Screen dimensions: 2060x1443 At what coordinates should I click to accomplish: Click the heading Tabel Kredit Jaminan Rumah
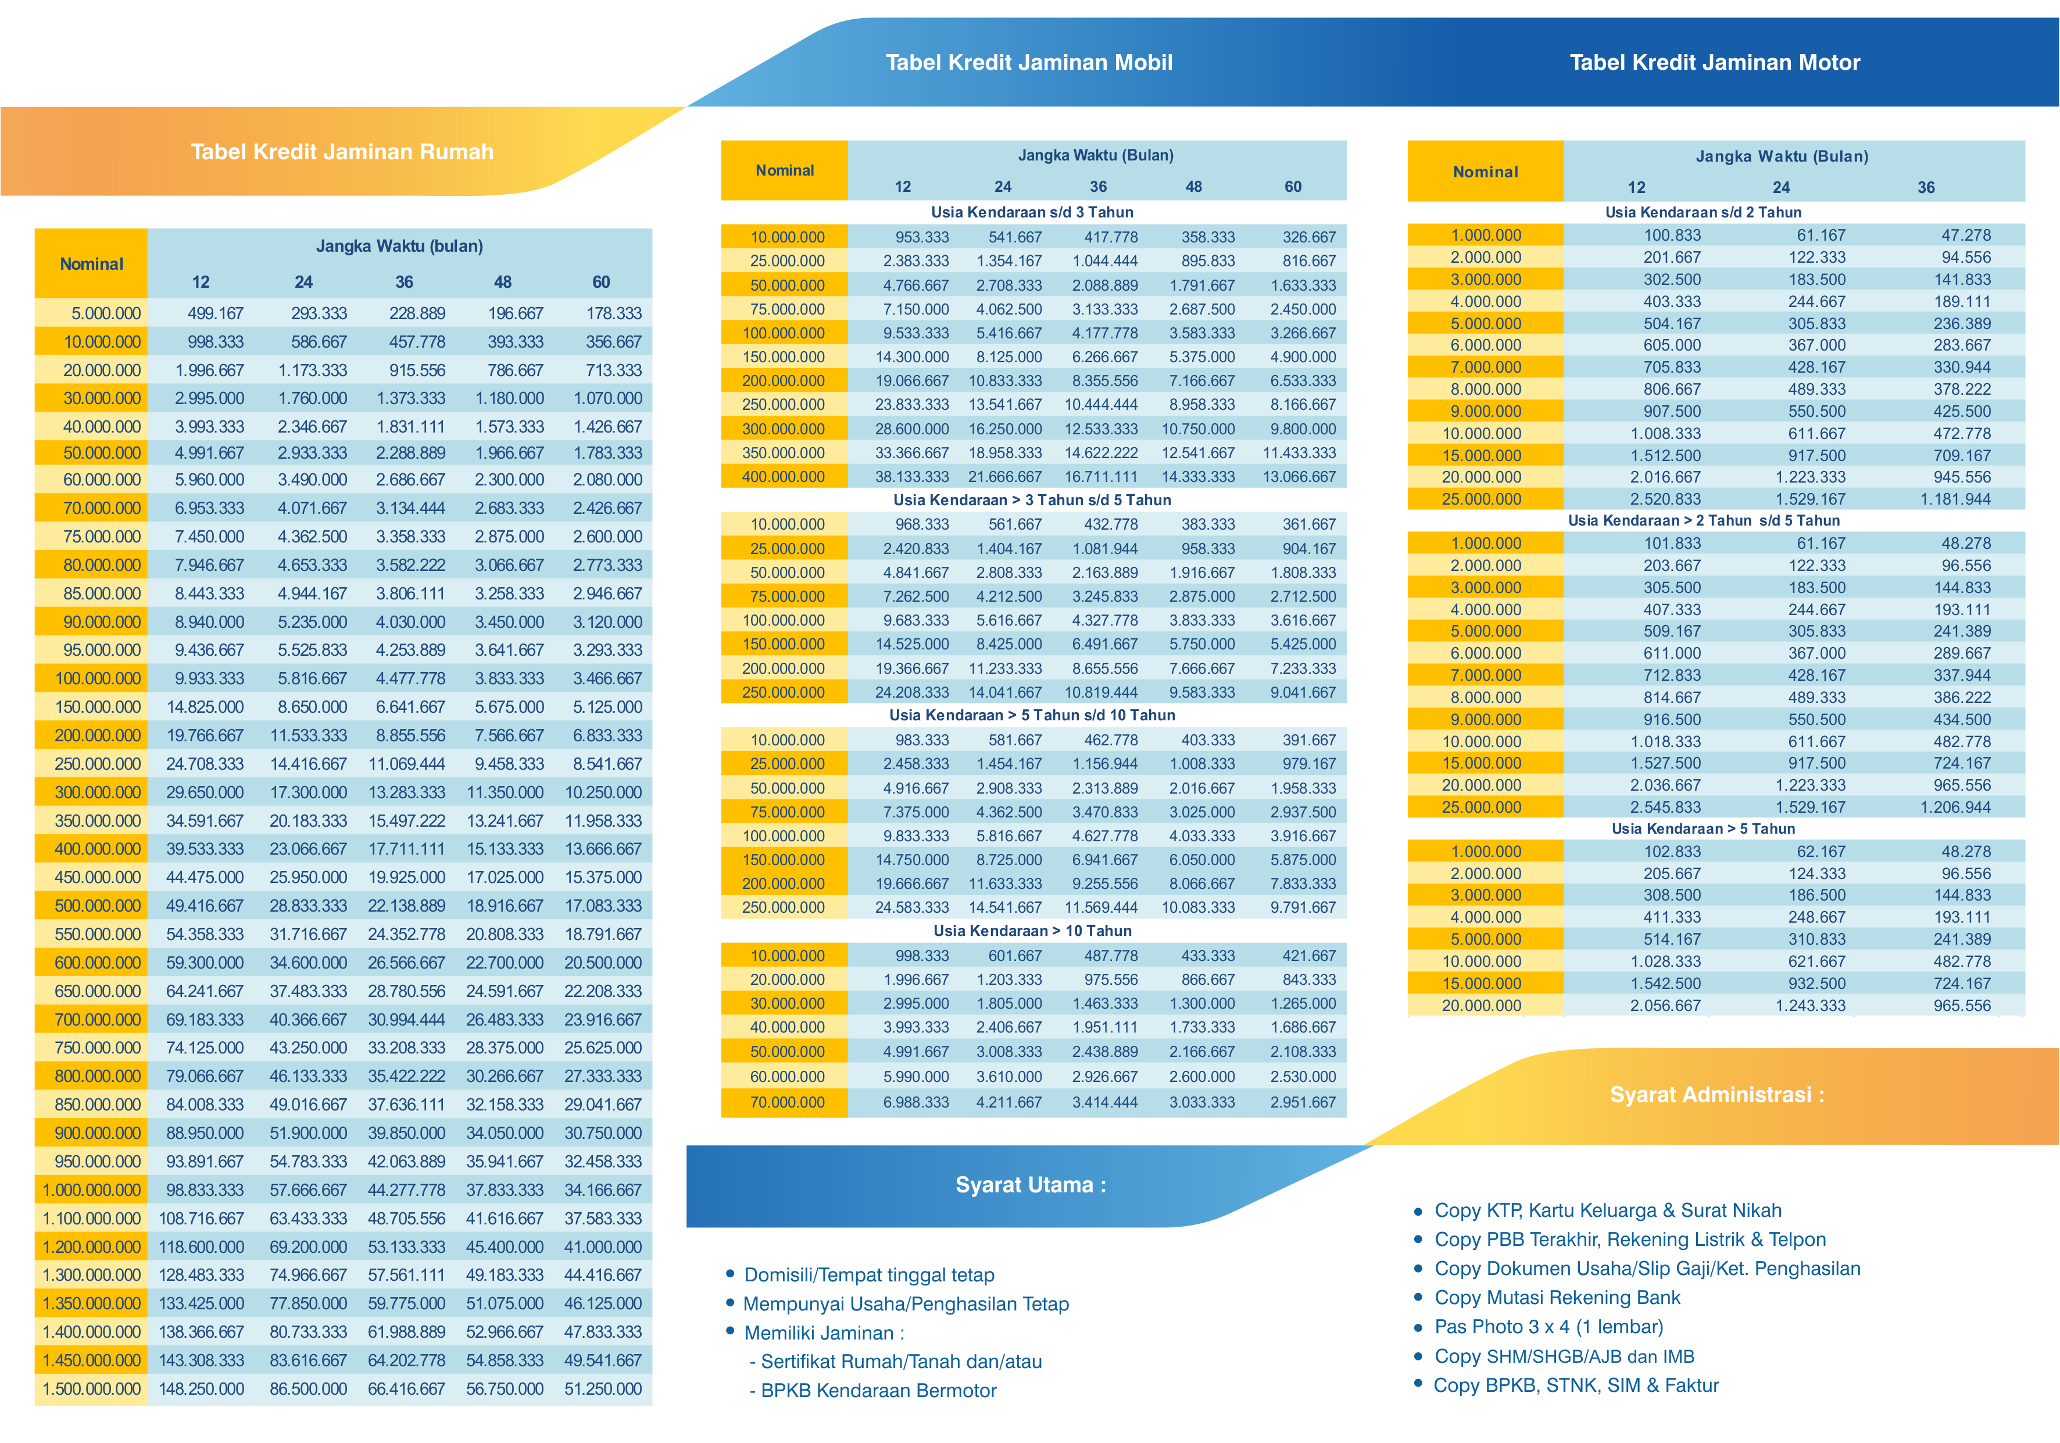click(342, 152)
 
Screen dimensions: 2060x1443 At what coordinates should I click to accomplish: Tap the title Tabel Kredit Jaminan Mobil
click(1029, 62)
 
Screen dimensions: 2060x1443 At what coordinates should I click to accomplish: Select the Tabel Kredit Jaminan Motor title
click(1715, 62)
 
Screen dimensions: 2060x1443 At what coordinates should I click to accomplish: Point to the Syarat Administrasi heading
click(1717, 1095)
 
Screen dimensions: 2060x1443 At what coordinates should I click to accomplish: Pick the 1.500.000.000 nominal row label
click(91, 1388)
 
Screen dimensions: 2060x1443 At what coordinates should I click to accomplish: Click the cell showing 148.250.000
click(201, 1388)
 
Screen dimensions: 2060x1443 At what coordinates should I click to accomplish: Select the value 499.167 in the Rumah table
click(215, 313)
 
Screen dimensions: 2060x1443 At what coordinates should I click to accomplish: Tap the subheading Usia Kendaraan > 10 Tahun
click(1032, 931)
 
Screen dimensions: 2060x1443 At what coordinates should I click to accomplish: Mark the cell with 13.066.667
click(1299, 477)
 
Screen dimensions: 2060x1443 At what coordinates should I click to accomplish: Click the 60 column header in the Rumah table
click(601, 282)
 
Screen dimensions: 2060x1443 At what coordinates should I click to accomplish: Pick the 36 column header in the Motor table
click(1926, 188)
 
